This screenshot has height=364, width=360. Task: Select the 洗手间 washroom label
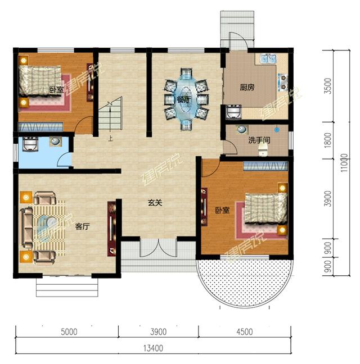259,139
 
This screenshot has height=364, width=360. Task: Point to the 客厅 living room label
83,227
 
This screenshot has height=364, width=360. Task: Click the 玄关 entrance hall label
155,203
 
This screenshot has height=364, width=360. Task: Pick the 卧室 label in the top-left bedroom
56,89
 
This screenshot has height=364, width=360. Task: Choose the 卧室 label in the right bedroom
222,210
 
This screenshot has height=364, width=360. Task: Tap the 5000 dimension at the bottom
68,331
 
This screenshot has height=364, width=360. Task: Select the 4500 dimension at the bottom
244,331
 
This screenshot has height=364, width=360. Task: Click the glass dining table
184,100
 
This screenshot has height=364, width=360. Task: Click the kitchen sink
266,59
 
